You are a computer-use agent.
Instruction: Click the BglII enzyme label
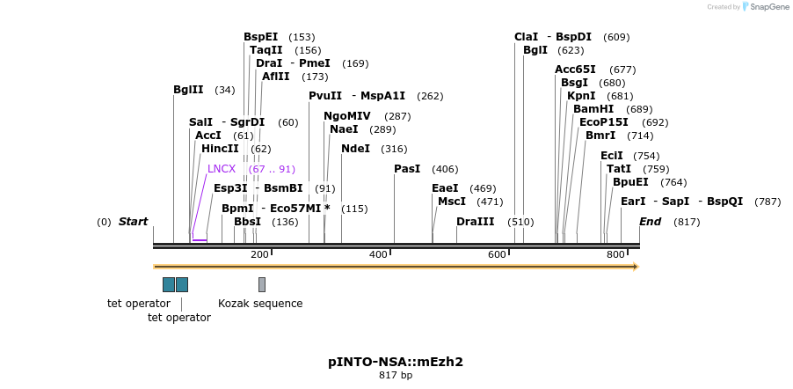188,90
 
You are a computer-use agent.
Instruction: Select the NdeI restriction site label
356,149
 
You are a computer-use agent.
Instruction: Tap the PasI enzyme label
407,169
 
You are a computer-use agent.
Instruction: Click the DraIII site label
475,222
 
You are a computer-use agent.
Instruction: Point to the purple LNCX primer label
222,169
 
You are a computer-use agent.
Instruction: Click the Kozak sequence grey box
262,284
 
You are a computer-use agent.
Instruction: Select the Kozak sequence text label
260,304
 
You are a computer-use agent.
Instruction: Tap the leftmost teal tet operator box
169,284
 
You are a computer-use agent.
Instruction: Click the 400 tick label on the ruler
378,255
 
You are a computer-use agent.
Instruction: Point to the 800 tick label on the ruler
615,255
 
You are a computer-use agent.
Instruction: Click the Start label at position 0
134,222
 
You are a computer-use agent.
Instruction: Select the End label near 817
651,222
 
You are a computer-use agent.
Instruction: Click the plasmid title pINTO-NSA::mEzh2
396,362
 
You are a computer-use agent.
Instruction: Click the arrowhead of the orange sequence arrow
635,266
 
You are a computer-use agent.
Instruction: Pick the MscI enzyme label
452,202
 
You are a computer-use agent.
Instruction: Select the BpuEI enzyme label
631,182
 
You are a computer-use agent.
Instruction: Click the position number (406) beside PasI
445,169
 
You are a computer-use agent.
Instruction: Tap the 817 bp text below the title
396,376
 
